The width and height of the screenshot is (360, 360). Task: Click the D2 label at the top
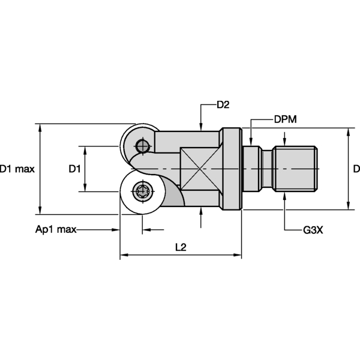[x=223, y=105]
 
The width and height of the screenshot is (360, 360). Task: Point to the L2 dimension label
[x=179, y=247]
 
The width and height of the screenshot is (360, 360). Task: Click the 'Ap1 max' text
[x=55, y=230]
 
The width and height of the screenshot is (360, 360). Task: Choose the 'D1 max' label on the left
[x=17, y=169]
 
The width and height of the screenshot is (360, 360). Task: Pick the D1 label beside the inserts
[x=74, y=169]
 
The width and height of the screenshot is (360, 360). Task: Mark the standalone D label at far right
[x=356, y=169]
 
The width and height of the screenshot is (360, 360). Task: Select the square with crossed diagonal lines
[x=200, y=169]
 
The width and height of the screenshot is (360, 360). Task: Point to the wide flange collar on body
[x=230, y=169]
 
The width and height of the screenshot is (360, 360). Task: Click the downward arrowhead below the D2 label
[x=200, y=125]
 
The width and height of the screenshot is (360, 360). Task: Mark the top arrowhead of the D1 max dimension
[x=40, y=127]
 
